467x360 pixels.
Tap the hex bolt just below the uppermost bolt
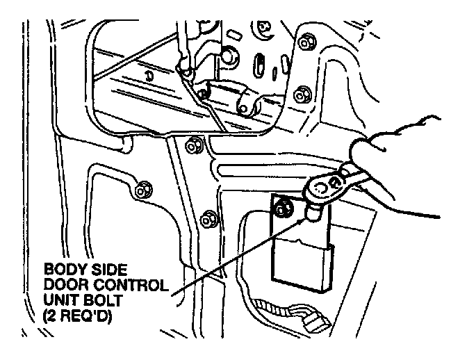302,94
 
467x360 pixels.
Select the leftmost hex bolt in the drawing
142,188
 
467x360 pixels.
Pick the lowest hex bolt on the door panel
206,220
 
